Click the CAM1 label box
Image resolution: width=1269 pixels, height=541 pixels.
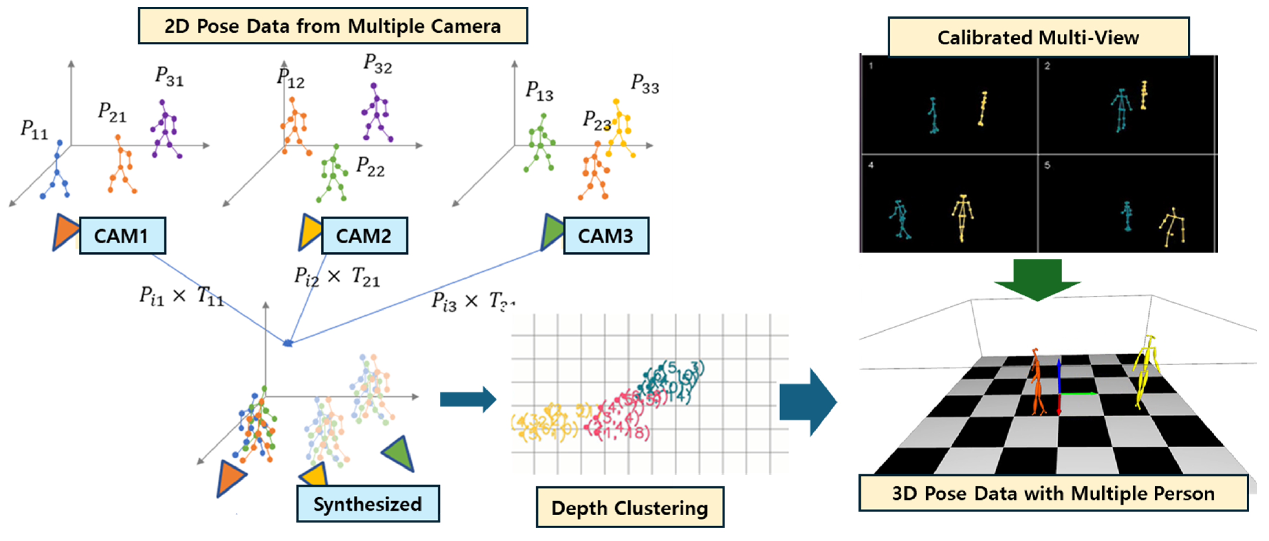(122, 236)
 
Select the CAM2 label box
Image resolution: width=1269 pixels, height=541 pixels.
(364, 236)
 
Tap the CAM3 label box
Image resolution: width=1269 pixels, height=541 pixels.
(605, 236)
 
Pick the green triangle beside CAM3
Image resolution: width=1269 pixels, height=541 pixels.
(552, 232)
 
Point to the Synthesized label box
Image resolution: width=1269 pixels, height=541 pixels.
(368, 504)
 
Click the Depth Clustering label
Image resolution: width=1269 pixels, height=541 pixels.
(630, 508)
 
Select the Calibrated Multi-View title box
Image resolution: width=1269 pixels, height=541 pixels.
(1038, 37)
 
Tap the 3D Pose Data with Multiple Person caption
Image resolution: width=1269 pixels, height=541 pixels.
(1053, 493)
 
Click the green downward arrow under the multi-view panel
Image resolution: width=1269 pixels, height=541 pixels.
(1037, 279)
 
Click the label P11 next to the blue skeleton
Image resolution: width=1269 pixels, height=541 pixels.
(34, 130)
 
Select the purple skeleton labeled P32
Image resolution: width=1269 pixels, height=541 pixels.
(376, 113)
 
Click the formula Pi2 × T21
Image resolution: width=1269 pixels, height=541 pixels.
(337, 277)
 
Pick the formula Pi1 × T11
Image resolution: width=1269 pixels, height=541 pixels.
(181, 296)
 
